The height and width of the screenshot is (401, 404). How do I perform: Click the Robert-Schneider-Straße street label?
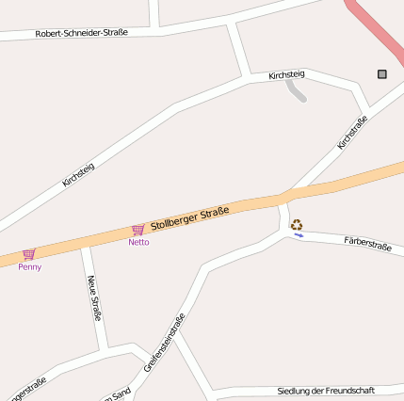(81, 32)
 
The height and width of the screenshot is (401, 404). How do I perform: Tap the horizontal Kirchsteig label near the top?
(286, 74)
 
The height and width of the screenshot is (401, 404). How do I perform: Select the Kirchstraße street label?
(351, 133)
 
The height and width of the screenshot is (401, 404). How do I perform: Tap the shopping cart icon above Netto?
(138, 230)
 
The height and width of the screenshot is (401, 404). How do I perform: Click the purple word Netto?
(138, 242)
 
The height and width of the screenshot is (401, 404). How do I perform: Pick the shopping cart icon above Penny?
(29, 254)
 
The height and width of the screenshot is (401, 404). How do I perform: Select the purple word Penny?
(29, 266)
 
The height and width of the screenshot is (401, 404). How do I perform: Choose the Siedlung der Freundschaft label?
(326, 390)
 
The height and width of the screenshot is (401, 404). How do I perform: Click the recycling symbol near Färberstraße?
(297, 224)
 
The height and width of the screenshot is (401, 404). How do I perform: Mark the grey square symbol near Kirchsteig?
(382, 73)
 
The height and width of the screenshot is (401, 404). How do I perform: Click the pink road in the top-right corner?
(377, 28)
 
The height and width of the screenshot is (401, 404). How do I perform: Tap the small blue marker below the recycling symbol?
(299, 235)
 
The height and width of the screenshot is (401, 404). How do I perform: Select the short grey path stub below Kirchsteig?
(297, 91)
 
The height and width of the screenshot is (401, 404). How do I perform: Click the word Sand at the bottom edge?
(120, 394)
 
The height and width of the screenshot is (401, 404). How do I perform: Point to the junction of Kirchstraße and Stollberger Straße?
(283, 196)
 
